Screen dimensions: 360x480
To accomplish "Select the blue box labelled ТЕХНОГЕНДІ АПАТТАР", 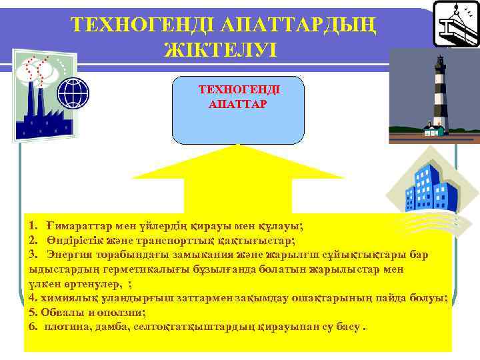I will click(x=238, y=110).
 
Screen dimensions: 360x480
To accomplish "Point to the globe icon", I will click(x=73, y=93).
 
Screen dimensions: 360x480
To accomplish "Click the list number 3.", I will click(x=33, y=255).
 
